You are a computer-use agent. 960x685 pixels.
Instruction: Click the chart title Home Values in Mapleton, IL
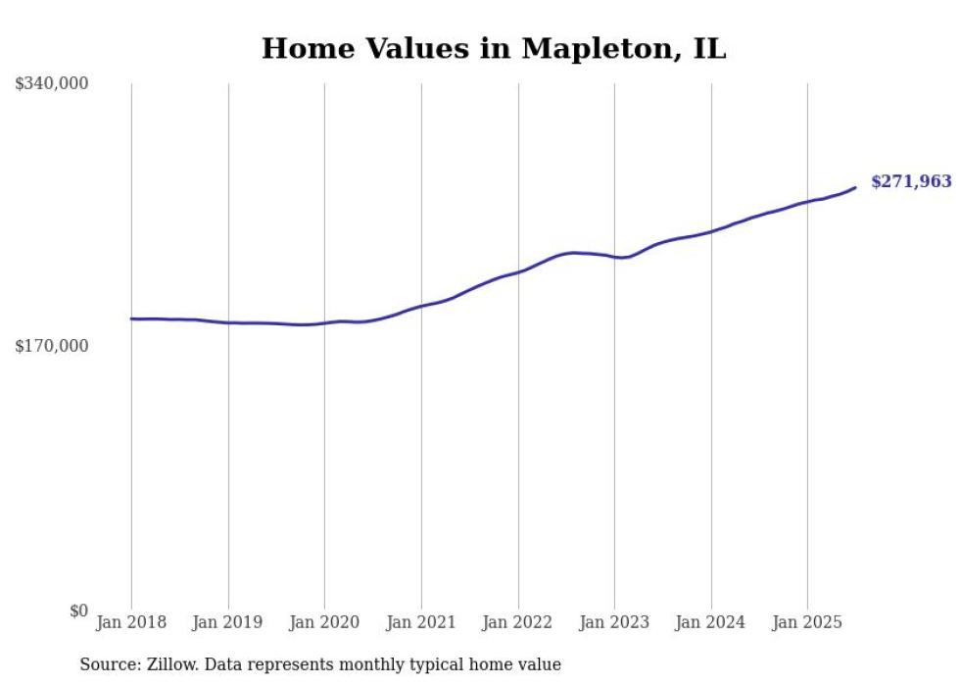coord(494,48)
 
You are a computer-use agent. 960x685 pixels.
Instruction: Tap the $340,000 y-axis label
coord(52,84)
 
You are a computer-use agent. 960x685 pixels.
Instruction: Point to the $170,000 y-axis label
coord(52,346)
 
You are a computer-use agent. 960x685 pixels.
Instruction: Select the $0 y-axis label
coord(78,611)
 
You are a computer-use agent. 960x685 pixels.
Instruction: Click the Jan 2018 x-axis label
coord(131,622)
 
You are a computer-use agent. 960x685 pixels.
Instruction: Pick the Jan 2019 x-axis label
coord(228,622)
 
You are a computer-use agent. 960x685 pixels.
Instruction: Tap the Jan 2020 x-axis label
coord(325,622)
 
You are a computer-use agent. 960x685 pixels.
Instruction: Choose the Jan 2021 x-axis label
coord(421,622)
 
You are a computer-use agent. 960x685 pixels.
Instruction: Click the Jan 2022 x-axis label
coord(518,622)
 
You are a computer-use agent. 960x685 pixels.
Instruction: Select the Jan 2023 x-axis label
coord(614,622)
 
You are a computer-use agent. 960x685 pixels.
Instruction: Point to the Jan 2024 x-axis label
coord(711,622)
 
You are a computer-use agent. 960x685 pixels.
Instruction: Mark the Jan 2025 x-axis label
coord(807,622)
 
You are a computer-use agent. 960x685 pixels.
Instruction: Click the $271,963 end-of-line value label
coord(910,181)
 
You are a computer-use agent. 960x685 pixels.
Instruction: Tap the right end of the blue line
coord(855,187)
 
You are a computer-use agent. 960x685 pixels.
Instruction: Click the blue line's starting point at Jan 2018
coord(131,318)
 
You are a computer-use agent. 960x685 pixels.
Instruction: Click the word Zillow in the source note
coord(167,664)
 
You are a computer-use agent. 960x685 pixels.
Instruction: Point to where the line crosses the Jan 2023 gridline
coord(614,257)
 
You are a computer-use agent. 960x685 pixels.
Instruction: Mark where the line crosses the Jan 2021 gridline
coord(421,307)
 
